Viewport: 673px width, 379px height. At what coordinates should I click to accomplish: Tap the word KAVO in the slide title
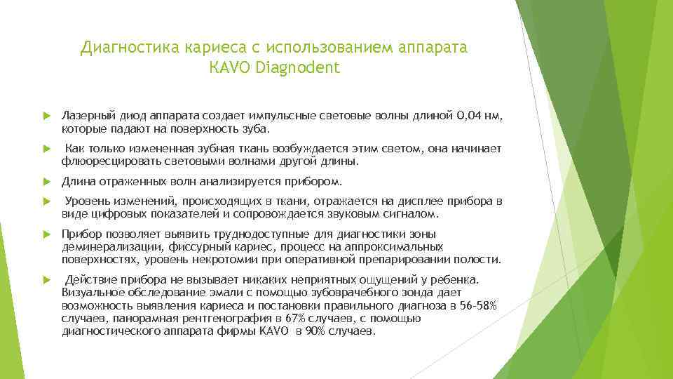click(231, 68)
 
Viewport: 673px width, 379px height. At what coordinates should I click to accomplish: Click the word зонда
click(437, 292)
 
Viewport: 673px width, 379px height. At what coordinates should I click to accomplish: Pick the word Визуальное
click(88, 292)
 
